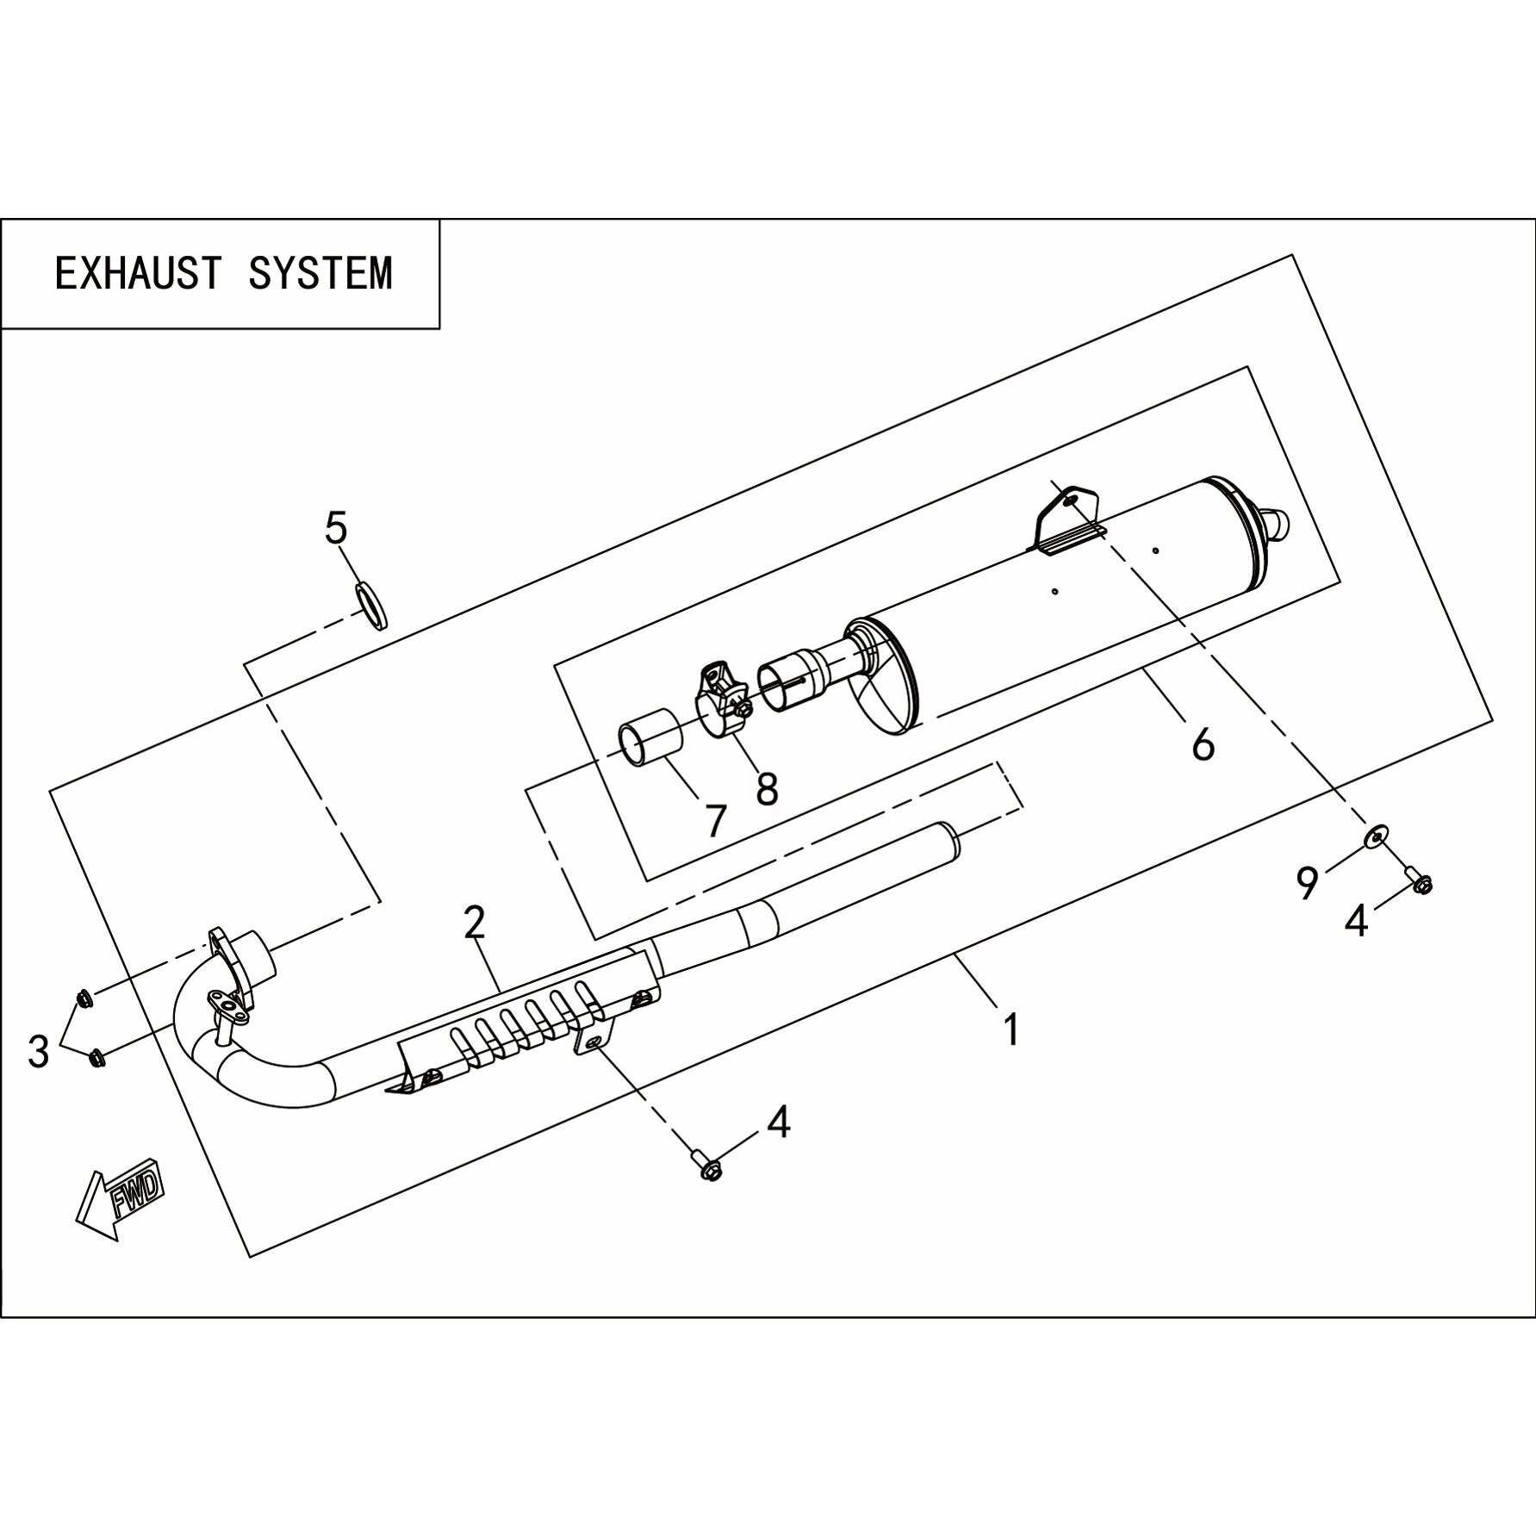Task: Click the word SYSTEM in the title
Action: click(320, 273)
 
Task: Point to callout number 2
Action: click(475, 923)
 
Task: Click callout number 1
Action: click(1012, 1029)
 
